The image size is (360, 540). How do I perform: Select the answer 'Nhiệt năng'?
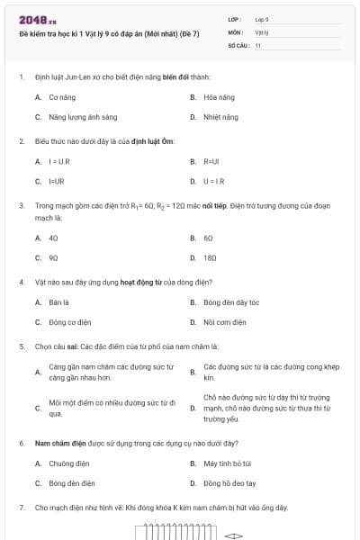coord(220,117)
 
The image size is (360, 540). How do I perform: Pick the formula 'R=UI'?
coord(211,161)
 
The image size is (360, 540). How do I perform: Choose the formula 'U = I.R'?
coord(215,181)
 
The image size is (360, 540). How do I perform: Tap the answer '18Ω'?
coord(210,257)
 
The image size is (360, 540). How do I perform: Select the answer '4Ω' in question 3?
coord(53,238)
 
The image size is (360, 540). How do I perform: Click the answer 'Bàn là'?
coord(59,302)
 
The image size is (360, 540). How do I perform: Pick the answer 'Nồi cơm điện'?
coord(224,322)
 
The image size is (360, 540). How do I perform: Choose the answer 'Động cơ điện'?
coord(70,322)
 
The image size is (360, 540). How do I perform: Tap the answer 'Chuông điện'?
coord(67,463)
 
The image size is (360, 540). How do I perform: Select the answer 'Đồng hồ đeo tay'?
coord(229,483)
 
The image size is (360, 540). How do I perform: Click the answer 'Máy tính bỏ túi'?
coord(229,463)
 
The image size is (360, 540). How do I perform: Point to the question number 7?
coord(22,508)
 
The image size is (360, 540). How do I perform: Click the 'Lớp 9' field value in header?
coord(262,19)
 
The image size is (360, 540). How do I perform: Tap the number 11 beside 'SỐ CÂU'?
coord(257,44)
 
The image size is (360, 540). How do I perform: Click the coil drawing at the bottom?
coord(172,534)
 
